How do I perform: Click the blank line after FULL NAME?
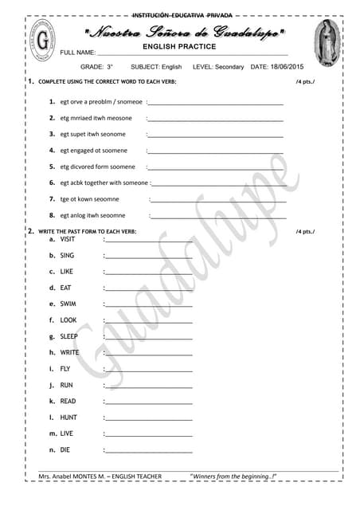(x=191, y=53)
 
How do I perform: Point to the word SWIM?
(x=68, y=304)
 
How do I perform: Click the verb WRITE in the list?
(x=70, y=352)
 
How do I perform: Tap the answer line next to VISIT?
(x=148, y=240)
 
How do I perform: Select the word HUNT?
(x=68, y=418)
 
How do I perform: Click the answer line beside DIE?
(x=148, y=451)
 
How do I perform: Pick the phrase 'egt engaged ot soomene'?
(x=93, y=151)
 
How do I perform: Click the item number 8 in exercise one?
(x=52, y=215)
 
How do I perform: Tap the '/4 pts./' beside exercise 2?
(x=305, y=232)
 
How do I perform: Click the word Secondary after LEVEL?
(x=229, y=67)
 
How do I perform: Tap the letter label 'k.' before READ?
(x=53, y=402)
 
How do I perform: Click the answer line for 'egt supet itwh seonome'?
(x=215, y=135)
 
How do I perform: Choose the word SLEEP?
(x=69, y=336)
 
